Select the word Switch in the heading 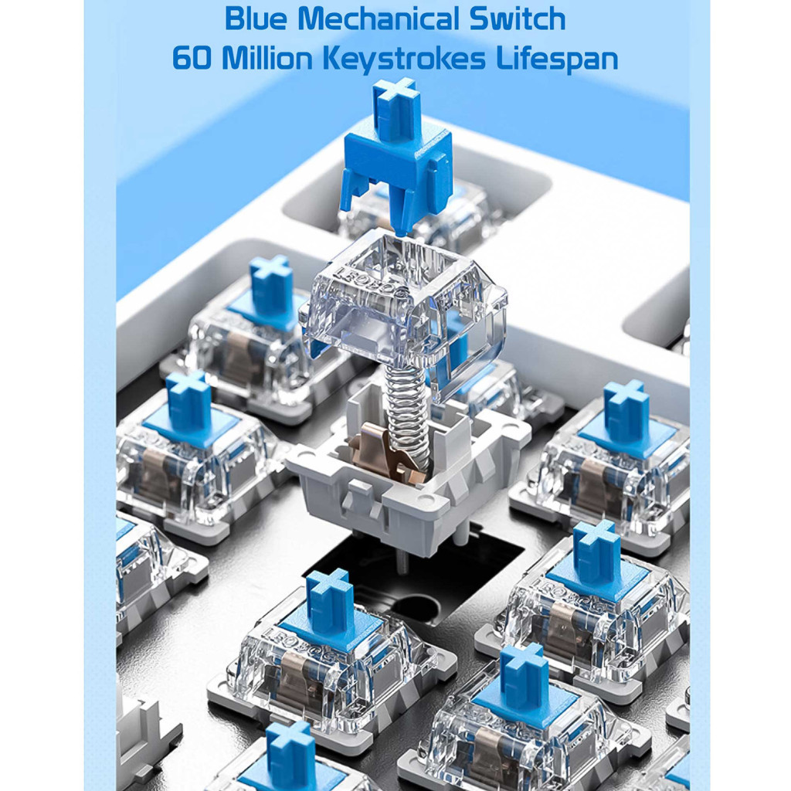(x=517, y=19)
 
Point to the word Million (x=267, y=58)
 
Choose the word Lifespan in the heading (x=557, y=59)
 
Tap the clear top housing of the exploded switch (x=403, y=307)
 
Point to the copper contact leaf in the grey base (x=382, y=450)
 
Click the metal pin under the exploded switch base (x=401, y=562)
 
